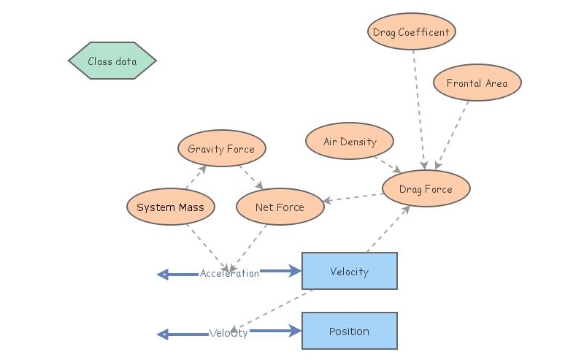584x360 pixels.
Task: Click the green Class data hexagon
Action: (112, 61)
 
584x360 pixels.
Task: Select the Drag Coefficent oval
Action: (412, 32)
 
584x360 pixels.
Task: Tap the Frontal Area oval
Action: (477, 83)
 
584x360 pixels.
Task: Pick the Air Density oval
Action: (350, 142)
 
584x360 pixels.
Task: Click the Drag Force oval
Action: (426, 189)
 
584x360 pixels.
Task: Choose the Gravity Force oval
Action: (221, 149)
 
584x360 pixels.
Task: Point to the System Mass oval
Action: (171, 207)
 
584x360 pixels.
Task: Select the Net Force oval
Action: (280, 207)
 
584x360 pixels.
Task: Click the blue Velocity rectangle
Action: (349, 272)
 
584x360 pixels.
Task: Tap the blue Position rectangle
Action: (349, 332)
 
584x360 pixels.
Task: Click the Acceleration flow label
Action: (229, 274)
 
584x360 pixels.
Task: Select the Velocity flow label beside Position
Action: (228, 333)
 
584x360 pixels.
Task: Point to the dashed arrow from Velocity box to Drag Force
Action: (388, 229)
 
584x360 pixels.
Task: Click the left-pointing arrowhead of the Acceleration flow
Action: (163, 275)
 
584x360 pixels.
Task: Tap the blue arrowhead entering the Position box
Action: (295, 332)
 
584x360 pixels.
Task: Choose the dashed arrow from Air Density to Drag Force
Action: (386, 162)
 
